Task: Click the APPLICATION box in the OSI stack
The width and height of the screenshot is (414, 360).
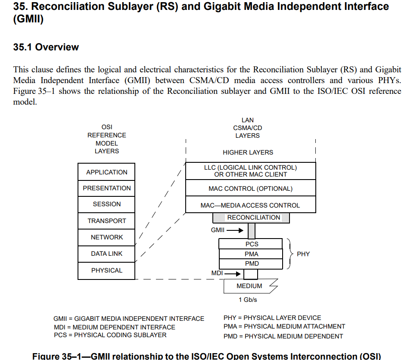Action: [106, 172]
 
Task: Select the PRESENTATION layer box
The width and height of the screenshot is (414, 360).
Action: [106, 188]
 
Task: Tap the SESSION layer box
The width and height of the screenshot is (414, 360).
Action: [106, 204]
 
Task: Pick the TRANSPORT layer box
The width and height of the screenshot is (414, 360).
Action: [106, 221]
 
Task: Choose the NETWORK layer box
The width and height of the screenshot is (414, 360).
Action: [106, 237]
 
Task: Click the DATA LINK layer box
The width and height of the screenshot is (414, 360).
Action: [106, 254]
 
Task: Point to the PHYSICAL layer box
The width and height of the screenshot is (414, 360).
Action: [106, 270]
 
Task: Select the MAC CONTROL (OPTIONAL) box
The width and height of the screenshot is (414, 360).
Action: [250, 189]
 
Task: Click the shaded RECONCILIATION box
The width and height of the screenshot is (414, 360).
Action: [253, 218]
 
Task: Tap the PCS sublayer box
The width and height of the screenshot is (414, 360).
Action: [251, 244]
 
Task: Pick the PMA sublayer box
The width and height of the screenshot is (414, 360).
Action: [251, 254]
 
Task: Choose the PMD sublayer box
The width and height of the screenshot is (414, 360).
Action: [251, 264]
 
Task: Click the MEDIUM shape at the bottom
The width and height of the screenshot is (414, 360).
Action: [249, 286]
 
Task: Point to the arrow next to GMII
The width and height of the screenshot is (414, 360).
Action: [235, 230]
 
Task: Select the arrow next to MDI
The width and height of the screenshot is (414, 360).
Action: [232, 273]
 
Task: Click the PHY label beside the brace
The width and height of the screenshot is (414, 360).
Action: [303, 254]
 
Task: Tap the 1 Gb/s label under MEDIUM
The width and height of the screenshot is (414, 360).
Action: [248, 300]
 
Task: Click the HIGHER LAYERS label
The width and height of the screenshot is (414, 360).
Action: [248, 152]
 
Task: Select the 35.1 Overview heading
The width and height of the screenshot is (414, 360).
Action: [46, 47]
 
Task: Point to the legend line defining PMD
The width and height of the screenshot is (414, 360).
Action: [283, 336]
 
